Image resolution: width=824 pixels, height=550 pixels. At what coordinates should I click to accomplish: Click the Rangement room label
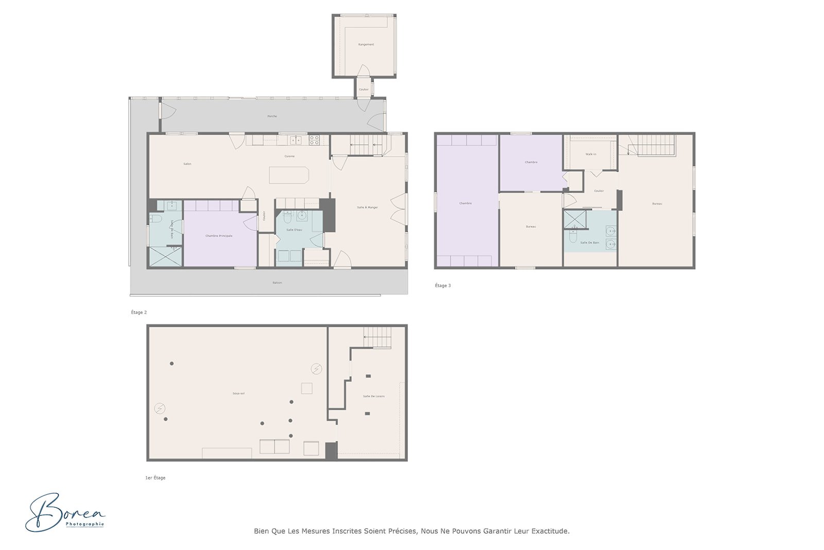click(x=366, y=45)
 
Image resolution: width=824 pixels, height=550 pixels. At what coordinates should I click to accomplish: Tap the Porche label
click(x=272, y=116)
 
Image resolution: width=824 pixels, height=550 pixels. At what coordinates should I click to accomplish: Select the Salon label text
click(x=187, y=164)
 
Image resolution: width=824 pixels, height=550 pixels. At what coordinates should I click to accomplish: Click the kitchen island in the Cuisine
click(x=289, y=175)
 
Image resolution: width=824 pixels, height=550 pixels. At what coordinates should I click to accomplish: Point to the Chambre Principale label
click(x=219, y=236)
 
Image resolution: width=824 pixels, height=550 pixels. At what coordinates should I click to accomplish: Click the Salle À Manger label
click(x=367, y=208)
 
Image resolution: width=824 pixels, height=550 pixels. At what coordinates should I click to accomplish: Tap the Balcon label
click(x=277, y=282)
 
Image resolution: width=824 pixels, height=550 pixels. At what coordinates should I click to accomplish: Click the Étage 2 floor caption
click(x=139, y=312)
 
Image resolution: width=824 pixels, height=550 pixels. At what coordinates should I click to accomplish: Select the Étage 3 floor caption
click(x=442, y=286)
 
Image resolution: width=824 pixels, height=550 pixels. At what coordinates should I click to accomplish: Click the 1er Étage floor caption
click(x=155, y=478)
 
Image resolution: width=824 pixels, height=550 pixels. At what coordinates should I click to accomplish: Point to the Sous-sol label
click(x=238, y=393)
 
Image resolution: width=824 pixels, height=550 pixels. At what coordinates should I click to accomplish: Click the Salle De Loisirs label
click(x=373, y=396)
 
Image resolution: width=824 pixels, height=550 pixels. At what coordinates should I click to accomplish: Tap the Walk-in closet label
click(x=591, y=155)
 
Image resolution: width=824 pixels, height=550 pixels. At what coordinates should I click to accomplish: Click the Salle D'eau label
click(x=294, y=230)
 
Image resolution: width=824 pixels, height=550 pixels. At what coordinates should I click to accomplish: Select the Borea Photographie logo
click(x=65, y=512)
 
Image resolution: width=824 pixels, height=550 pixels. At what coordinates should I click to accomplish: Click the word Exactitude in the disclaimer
click(x=550, y=531)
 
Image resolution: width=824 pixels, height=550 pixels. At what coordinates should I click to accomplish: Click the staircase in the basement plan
click(x=377, y=338)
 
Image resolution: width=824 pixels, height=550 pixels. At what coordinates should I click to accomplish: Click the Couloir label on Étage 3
click(x=599, y=191)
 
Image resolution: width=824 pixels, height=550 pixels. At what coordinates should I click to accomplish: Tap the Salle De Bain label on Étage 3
click(x=590, y=243)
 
